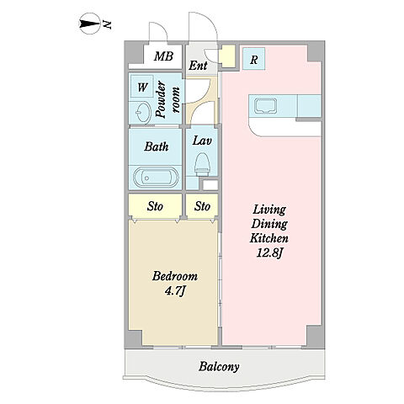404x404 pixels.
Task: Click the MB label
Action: (x=163, y=56)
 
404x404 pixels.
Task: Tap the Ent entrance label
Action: (x=198, y=66)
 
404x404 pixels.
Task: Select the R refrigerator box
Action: (x=253, y=59)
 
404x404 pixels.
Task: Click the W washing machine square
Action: (x=142, y=87)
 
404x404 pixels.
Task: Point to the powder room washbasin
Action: (x=142, y=113)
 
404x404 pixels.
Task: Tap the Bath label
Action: (x=157, y=146)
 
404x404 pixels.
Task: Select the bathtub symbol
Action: (x=156, y=178)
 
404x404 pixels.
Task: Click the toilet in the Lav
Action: (x=203, y=164)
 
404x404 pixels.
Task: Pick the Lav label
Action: (x=202, y=141)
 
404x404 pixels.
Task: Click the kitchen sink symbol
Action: (x=265, y=106)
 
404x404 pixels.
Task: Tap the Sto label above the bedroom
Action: (x=155, y=206)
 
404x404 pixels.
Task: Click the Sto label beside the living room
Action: (x=202, y=206)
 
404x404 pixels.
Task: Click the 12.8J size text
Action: (x=269, y=253)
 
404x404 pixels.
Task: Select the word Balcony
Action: (x=219, y=367)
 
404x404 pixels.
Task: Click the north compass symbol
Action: (x=90, y=24)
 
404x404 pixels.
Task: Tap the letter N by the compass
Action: (x=108, y=25)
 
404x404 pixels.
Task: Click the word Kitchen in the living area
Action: (x=269, y=238)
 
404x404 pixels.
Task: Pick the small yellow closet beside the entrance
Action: (x=228, y=56)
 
